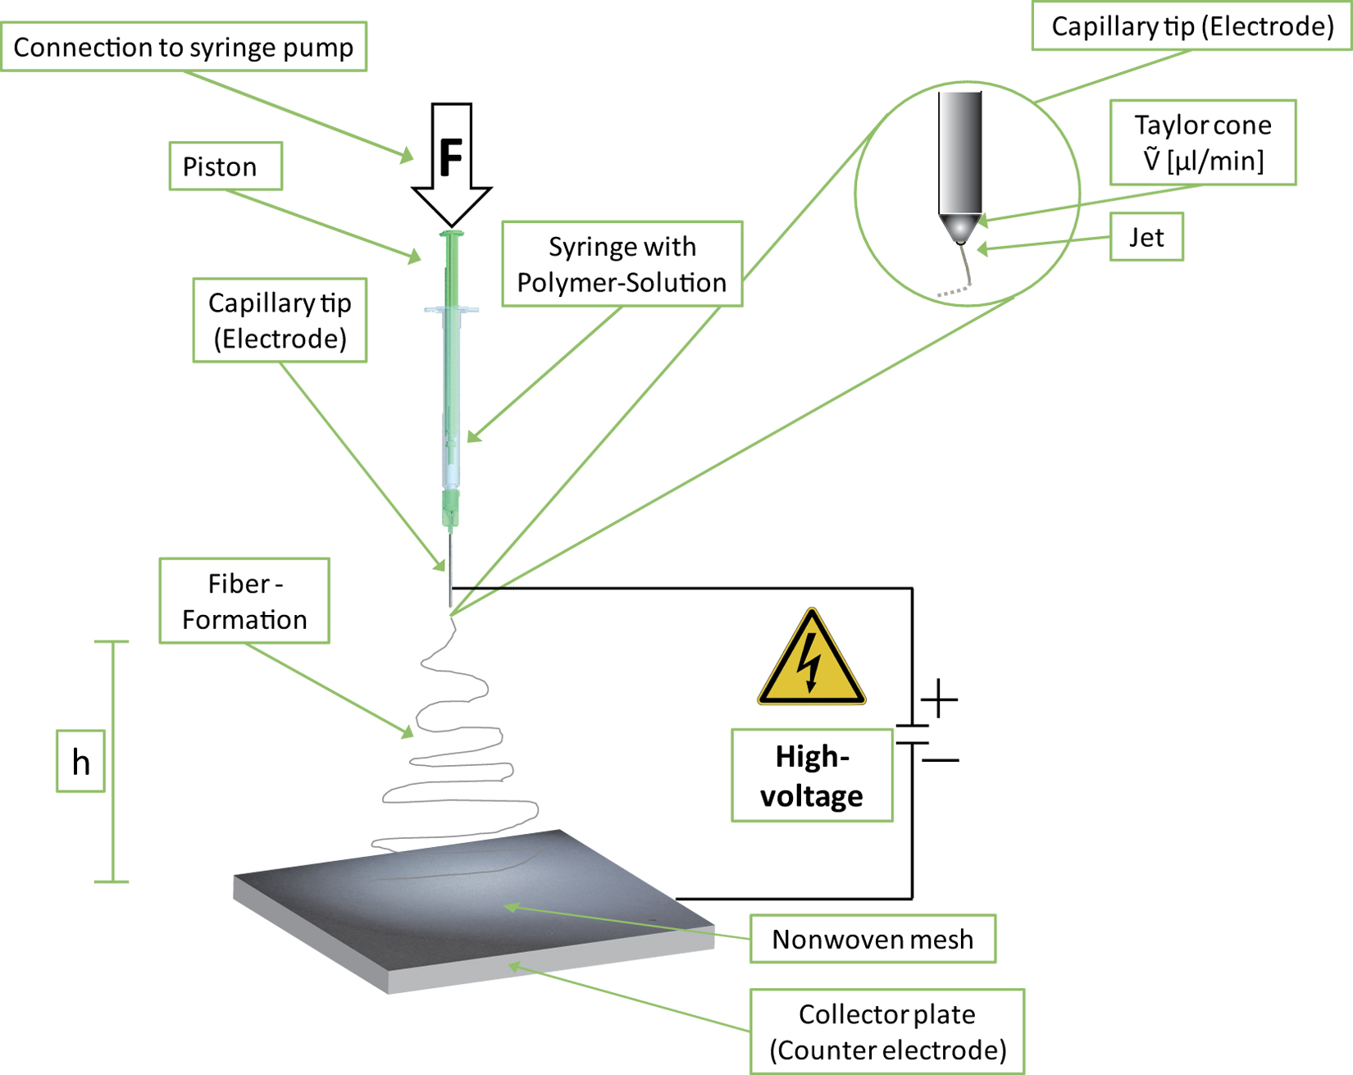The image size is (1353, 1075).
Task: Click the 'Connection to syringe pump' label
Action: click(x=184, y=47)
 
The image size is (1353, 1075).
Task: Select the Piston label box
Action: click(x=225, y=166)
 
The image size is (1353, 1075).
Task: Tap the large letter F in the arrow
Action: click(x=451, y=157)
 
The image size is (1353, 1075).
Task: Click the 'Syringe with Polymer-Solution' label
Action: click(x=622, y=264)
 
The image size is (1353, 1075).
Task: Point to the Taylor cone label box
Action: click(x=1203, y=143)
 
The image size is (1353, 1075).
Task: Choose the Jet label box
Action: click(x=1146, y=237)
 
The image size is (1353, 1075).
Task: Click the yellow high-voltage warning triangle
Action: click(x=811, y=657)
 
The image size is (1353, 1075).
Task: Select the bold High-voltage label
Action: click(x=812, y=776)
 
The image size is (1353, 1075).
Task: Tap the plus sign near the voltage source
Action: click(x=939, y=699)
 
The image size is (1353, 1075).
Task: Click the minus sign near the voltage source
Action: click(x=941, y=760)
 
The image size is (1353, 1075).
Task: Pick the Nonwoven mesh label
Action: click(x=872, y=939)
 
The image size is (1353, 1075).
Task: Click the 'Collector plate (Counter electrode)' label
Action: click(x=887, y=1032)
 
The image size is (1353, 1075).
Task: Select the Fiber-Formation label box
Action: click(x=244, y=601)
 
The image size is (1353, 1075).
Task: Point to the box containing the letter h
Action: click(x=80, y=762)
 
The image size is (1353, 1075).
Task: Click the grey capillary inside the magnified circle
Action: click(x=960, y=153)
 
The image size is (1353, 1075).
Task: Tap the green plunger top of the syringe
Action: click(x=451, y=235)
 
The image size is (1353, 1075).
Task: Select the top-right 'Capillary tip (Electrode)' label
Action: click(x=1191, y=26)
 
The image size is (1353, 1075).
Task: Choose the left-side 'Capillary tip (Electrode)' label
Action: click(x=280, y=320)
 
